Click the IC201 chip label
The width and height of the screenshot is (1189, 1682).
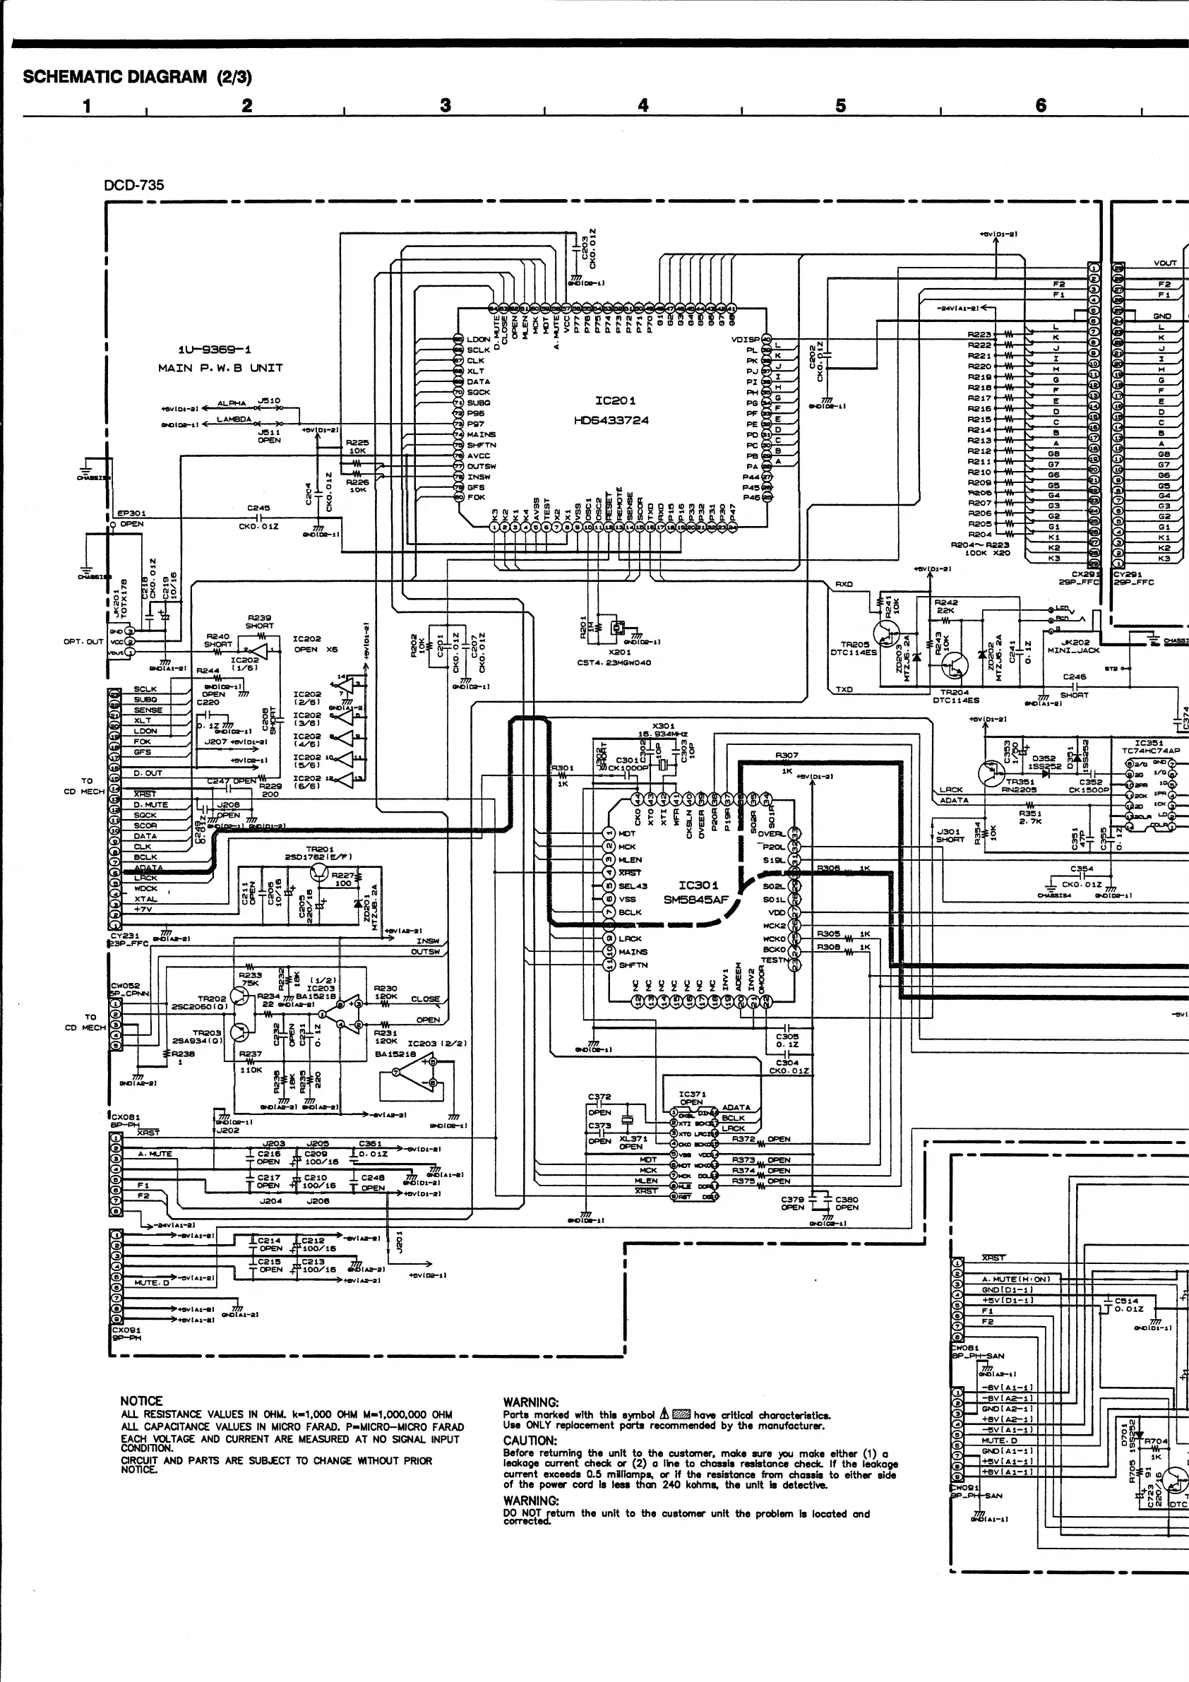tap(615, 400)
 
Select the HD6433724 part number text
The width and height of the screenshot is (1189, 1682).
tap(611, 421)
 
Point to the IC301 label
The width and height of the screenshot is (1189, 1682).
tap(698, 885)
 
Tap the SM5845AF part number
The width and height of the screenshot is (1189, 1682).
tap(695, 900)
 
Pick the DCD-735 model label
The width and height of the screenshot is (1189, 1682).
tap(134, 185)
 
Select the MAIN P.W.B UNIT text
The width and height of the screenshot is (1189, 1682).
tap(220, 368)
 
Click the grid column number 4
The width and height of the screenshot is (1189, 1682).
tap(643, 105)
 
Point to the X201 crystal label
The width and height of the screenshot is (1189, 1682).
tap(620, 652)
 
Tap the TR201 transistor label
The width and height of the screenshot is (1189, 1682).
tap(319, 849)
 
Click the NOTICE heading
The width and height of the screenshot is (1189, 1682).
tap(141, 1401)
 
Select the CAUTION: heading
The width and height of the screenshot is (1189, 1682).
tap(530, 1441)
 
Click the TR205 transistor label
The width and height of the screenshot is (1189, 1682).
tap(855, 645)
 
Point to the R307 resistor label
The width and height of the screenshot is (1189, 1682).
tap(787, 755)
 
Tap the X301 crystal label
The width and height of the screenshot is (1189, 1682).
tap(663, 726)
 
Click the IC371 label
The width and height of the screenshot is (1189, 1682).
tap(691, 1094)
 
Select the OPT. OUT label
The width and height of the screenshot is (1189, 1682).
tap(83, 641)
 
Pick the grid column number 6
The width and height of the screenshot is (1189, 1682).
tap(1040, 105)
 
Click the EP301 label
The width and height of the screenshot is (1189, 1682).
tap(132, 513)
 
